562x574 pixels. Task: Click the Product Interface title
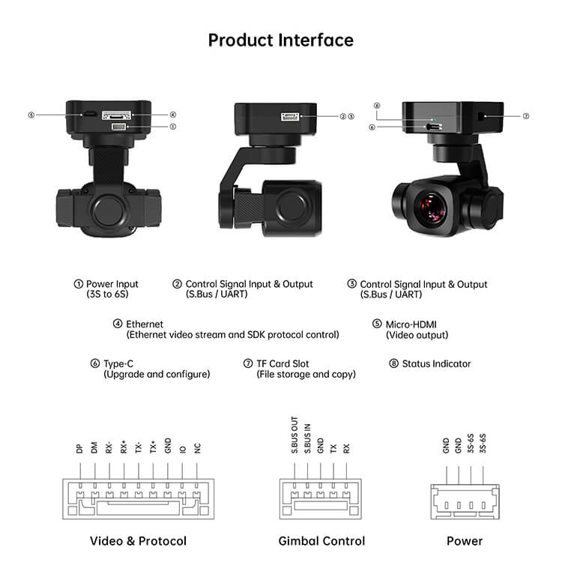tap(281, 40)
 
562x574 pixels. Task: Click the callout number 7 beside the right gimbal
tap(526, 116)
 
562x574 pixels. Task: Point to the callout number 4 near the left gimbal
tap(172, 115)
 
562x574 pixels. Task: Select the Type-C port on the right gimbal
tap(433, 127)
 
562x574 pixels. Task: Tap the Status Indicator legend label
tap(436, 363)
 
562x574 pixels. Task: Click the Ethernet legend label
tap(145, 324)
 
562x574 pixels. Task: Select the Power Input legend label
tap(112, 284)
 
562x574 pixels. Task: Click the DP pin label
tap(79, 449)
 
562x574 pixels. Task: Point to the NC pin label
tap(197, 449)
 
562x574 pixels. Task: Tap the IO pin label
tap(182, 450)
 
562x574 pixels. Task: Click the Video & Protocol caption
tap(138, 540)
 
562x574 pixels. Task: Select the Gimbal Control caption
tap(321, 540)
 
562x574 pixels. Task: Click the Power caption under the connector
tap(465, 540)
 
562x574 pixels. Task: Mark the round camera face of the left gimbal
tap(109, 211)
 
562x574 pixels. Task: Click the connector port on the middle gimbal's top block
tap(291, 116)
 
